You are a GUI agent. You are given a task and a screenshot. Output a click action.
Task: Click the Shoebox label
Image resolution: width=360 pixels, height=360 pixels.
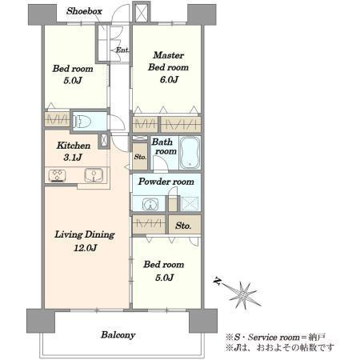84,11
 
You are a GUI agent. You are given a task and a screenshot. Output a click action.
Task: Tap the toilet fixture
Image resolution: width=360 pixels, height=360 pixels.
82,122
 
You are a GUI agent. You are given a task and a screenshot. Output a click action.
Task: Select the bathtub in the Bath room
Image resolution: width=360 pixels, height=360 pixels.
190,153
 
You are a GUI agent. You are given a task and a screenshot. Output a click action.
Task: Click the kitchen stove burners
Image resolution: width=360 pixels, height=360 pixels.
58,175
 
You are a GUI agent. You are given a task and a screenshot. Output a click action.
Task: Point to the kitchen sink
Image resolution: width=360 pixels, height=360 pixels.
94,175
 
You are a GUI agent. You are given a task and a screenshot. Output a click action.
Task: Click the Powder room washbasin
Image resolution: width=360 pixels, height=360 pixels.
150,205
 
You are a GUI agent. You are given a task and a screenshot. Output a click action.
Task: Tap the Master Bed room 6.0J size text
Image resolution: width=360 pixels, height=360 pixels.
169,80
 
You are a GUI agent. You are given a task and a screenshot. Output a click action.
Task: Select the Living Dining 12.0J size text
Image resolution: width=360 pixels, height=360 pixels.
85,248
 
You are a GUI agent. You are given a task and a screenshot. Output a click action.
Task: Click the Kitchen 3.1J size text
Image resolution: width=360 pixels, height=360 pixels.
73,158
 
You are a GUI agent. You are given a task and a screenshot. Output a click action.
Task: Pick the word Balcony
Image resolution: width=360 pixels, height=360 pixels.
118,335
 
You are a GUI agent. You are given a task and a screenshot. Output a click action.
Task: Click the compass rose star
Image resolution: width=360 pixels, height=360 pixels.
243,295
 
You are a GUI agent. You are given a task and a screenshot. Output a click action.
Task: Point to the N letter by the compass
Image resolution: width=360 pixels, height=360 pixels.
218,281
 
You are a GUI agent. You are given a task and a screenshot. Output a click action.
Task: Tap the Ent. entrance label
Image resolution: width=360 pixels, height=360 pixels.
122,50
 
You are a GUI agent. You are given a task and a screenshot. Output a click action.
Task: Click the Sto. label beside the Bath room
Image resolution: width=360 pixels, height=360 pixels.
140,157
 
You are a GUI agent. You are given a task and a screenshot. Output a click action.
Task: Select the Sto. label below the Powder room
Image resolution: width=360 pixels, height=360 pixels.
183,226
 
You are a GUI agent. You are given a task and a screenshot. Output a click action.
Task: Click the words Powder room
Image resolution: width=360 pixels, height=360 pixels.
166,182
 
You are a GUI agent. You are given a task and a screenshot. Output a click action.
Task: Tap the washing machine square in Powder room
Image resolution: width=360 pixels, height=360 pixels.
190,204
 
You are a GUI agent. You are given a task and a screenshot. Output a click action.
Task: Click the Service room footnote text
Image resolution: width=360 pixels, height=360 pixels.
275,338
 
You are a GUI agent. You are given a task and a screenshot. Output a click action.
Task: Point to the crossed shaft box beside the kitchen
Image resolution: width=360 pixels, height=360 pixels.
104,140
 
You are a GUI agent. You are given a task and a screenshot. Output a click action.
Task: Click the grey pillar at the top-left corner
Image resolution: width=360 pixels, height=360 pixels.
42,14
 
